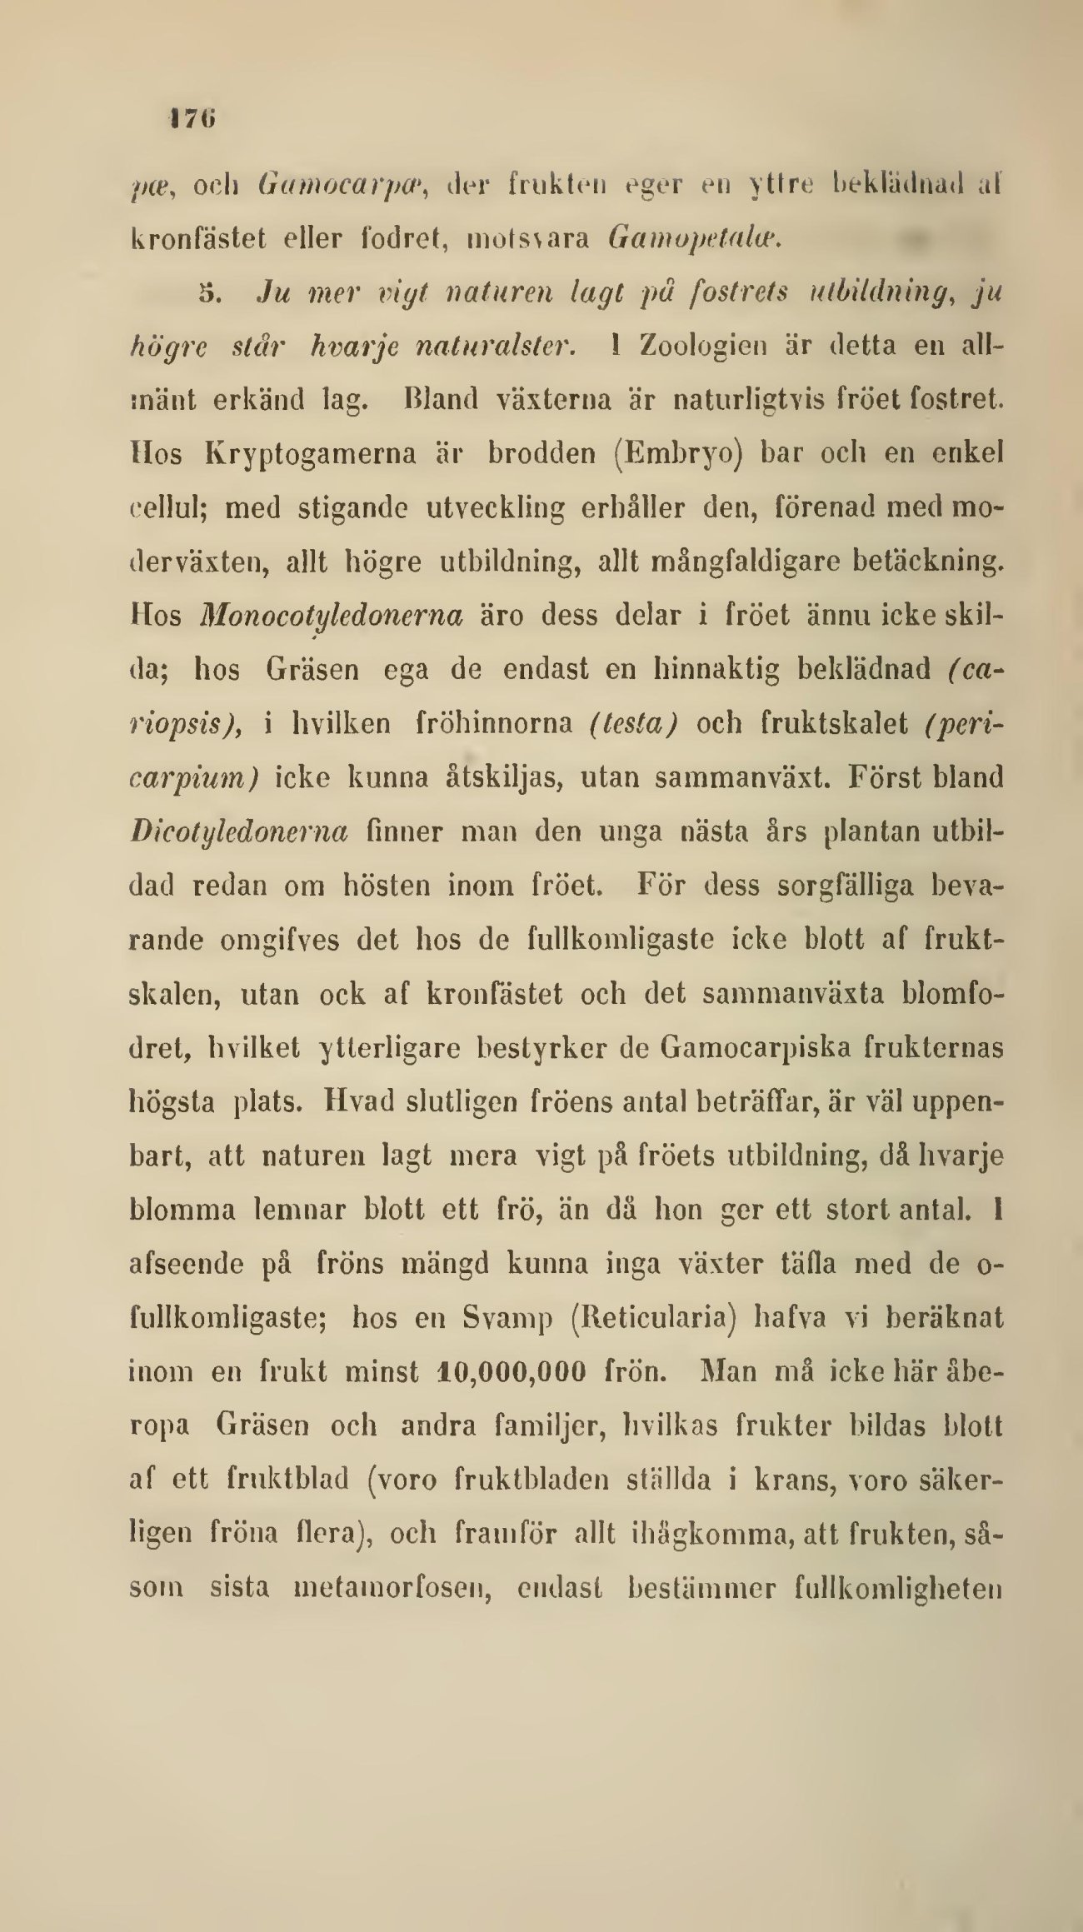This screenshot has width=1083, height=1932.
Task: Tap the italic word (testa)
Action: click(x=631, y=722)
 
